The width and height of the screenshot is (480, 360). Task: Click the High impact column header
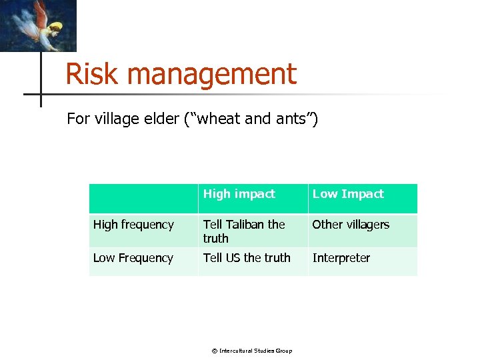[x=239, y=194]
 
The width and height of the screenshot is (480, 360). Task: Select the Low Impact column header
[x=348, y=194]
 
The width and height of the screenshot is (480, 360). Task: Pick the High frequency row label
[x=133, y=225]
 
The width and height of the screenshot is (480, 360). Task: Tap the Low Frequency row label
[x=133, y=258]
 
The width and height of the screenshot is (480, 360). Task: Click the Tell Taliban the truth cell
[x=244, y=231]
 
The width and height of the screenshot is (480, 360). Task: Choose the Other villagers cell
[x=351, y=225]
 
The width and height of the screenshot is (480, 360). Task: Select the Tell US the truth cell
[x=247, y=258]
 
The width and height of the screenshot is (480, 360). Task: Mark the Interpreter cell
[x=341, y=258]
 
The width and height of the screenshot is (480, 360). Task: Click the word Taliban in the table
[x=245, y=225]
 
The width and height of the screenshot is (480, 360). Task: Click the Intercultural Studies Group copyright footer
[x=252, y=351]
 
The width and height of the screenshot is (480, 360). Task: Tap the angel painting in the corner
[x=38, y=25]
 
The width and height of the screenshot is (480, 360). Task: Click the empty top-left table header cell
[x=143, y=199]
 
